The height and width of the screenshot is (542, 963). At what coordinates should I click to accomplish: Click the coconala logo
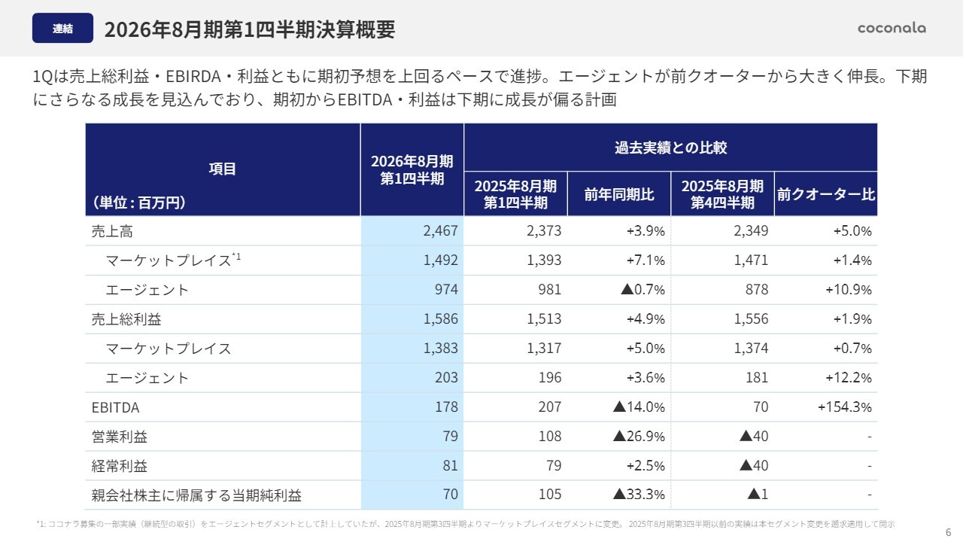(x=892, y=28)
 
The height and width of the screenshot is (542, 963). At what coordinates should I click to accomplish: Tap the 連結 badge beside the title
(x=63, y=29)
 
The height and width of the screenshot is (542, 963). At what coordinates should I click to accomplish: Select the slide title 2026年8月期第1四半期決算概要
(x=249, y=29)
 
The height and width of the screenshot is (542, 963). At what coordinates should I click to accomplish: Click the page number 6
(x=947, y=531)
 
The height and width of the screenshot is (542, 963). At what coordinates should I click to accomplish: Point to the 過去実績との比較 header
(x=670, y=148)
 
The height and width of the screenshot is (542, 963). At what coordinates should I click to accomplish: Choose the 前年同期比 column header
(x=619, y=194)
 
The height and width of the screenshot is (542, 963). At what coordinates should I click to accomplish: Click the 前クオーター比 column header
(x=825, y=194)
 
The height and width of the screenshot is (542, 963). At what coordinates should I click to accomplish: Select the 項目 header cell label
(x=223, y=169)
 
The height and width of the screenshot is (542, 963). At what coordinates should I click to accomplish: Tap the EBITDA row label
(x=115, y=407)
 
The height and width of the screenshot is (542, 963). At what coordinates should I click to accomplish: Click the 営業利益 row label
(x=119, y=437)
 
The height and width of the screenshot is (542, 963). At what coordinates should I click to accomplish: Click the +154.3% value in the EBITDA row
(x=844, y=407)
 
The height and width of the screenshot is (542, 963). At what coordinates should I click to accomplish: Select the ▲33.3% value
(x=639, y=495)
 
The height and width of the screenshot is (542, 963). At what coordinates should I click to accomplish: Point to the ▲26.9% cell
(x=639, y=437)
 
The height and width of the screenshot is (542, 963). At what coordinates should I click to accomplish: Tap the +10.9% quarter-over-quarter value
(x=848, y=290)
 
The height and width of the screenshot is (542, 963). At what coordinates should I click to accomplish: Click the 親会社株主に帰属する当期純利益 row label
(x=196, y=495)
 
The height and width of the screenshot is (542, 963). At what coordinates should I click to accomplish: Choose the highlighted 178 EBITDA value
(x=446, y=407)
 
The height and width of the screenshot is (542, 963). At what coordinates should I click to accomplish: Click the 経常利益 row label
(x=119, y=466)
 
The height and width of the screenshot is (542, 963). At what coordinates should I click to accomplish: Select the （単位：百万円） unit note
(x=139, y=202)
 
